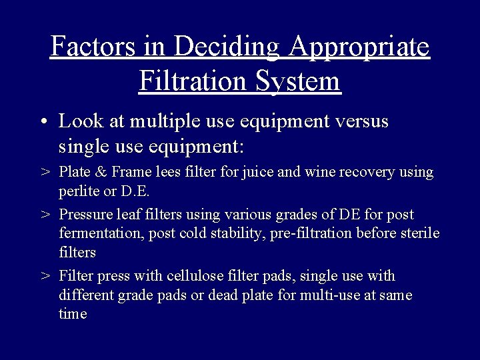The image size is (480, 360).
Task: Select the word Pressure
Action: (x=84, y=215)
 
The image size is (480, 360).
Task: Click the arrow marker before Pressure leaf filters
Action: (x=45, y=215)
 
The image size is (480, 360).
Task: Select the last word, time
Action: (x=73, y=314)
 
